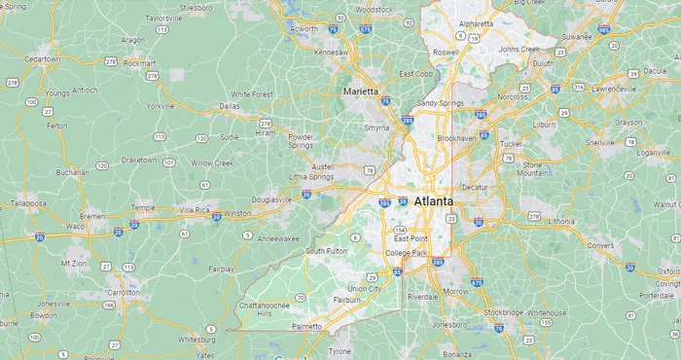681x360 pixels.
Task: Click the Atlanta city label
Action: tap(433, 201)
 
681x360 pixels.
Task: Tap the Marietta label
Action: tap(360, 91)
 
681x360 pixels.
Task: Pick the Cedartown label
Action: tap(43, 59)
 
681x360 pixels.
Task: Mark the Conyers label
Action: tap(600, 245)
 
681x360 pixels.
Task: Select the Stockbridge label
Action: tap(503, 312)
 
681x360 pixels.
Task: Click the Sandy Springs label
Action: tap(441, 103)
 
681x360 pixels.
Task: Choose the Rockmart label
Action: tap(139, 63)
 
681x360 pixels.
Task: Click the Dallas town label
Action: tap(230, 106)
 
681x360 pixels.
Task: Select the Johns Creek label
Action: tap(519, 49)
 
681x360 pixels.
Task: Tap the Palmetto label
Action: tap(307, 327)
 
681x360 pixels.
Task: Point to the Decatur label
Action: tap(474, 186)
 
